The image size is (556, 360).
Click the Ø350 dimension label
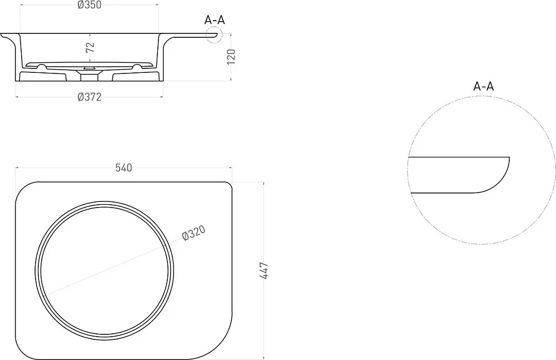click(90, 4)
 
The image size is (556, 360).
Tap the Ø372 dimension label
click(90, 97)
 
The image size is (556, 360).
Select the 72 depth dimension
click(91, 47)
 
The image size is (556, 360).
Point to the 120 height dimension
click(231, 57)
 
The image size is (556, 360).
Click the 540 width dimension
click(124, 168)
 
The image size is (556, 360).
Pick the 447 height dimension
click(264, 271)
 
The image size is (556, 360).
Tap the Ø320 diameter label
click(193, 234)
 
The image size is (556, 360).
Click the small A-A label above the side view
click(215, 20)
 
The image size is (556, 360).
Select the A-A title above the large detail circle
click(483, 86)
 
